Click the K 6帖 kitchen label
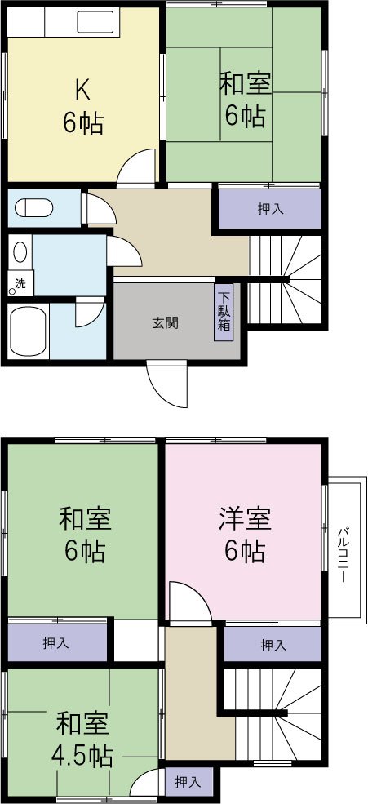click(82, 106)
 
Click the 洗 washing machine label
click(17, 283)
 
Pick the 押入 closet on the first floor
click(270, 209)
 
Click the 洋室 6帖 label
click(245, 535)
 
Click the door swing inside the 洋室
click(186, 602)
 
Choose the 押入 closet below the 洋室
click(273, 645)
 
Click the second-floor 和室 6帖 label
click(84, 535)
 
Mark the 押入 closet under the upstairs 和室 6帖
click(56, 643)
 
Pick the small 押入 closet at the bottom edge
click(188, 781)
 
